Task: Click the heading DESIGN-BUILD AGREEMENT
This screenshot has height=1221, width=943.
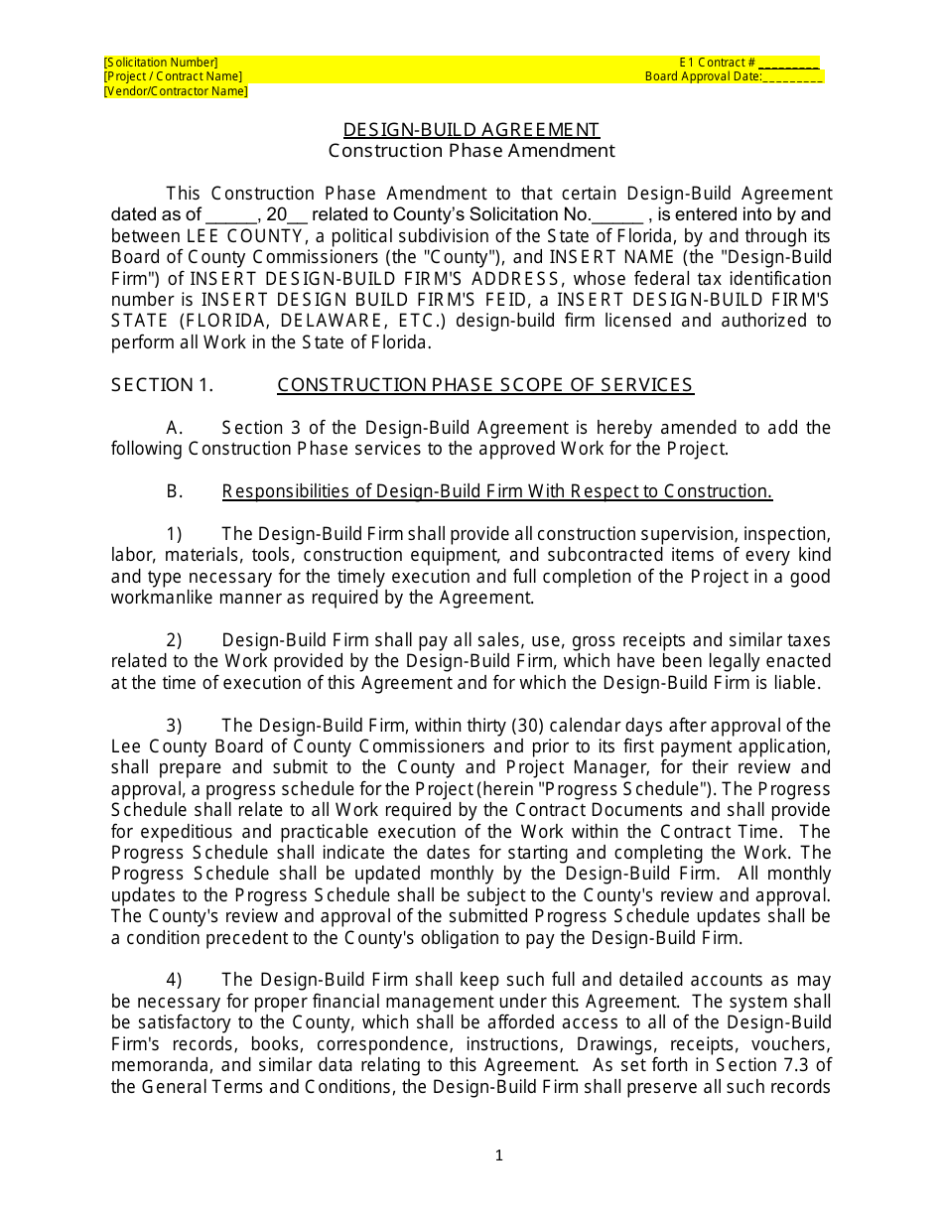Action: click(x=471, y=130)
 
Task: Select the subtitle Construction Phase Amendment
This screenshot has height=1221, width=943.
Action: click(x=471, y=151)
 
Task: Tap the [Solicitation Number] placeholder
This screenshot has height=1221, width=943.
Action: click(x=161, y=63)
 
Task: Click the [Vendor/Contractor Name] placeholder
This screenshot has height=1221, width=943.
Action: click(x=176, y=91)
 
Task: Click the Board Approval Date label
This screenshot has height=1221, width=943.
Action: click(x=703, y=76)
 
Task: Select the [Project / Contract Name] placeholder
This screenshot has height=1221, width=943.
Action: click(x=173, y=76)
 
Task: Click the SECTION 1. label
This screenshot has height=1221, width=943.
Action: click(x=162, y=385)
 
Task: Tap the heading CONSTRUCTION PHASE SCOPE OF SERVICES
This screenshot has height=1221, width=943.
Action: click(x=485, y=385)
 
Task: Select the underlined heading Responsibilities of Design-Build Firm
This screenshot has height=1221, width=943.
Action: click(x=496, y=491)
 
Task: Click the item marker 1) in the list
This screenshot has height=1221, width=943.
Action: click(x=174, y=534)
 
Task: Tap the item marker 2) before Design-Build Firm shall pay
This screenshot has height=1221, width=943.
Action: click(x=174, y=640)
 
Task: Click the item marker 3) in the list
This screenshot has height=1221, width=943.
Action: click(x=174, y=726)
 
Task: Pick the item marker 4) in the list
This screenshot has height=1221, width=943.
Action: click(x=174, y=980)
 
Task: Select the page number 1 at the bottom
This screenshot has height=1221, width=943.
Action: click(x=499, y=1154)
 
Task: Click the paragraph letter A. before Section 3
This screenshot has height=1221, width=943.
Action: click(x=175, y=428)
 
